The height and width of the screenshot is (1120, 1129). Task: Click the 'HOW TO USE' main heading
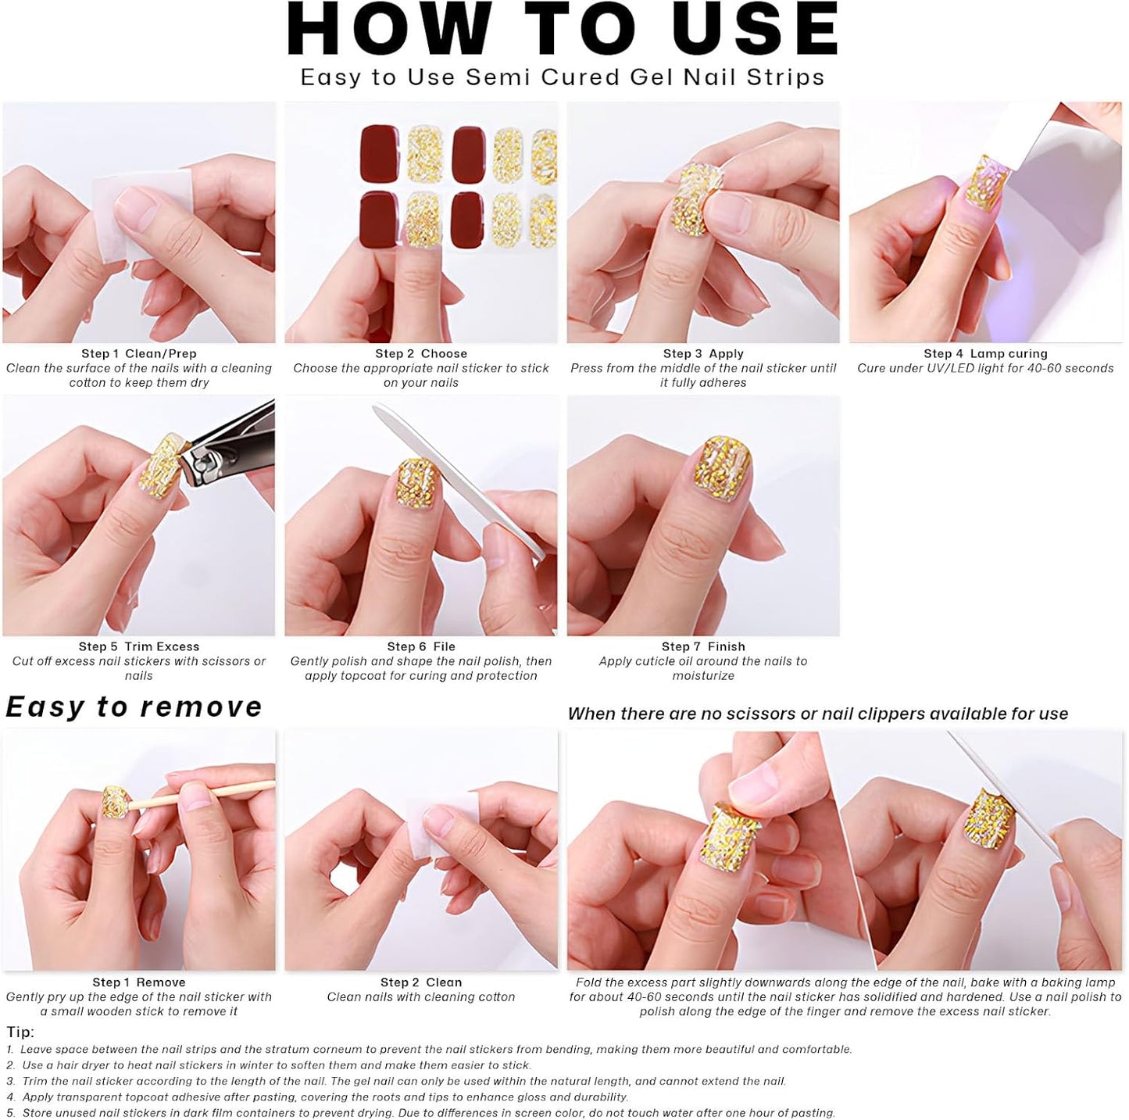point(563,30)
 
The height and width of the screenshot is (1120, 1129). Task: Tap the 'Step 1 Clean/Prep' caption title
point(139,354)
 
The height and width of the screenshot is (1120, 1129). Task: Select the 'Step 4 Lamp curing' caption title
point(985,354)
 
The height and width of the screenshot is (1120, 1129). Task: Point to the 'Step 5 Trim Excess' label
point(139,647)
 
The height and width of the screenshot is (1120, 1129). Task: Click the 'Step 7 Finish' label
point(703,647)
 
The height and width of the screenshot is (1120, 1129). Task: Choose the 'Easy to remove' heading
point(134,707)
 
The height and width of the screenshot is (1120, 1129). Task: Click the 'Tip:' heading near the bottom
point(20,1032)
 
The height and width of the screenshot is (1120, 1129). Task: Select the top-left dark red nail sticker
point(380,151)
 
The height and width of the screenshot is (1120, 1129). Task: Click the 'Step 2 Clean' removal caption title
point(421,983)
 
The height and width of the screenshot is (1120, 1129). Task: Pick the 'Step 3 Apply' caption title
point(703,354)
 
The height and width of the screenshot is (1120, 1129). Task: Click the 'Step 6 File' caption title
point(421,647)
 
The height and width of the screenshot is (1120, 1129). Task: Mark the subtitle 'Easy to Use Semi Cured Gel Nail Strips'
point(563,77)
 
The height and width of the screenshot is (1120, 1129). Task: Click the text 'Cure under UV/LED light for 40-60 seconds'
point(985,369)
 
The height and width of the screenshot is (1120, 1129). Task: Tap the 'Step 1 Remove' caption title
point(139,983)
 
